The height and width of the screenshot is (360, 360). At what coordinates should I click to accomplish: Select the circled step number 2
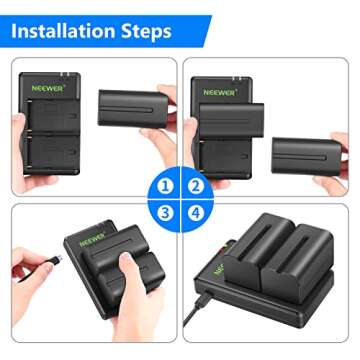pos(196,185)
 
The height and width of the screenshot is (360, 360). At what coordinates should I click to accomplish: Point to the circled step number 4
pos(196,213)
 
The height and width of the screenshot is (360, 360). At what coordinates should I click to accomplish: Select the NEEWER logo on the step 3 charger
pos(93,243)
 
